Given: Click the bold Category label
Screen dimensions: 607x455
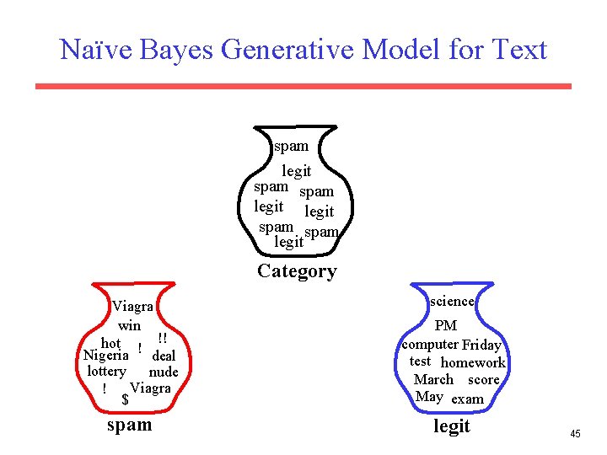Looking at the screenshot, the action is coord(297,271).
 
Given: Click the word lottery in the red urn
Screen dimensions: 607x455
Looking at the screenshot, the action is coord(107,372).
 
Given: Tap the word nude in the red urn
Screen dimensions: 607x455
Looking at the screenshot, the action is coord(164,372).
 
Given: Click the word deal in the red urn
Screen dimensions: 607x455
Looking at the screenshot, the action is coord(164,356).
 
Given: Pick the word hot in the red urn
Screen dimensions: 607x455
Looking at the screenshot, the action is coord(110,343).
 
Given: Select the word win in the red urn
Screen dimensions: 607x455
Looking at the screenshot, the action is coord(130,325).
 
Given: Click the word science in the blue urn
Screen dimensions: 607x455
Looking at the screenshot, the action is coord(452,301).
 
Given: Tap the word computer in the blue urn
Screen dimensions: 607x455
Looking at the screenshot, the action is coord(430,344).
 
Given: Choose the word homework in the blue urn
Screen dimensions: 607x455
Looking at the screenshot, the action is coord(473,362).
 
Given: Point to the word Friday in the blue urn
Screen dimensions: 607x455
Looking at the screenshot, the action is coord(481,345).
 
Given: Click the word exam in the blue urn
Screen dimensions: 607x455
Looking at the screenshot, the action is coord(467,399).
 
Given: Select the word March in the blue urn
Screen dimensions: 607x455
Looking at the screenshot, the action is coord(433,380).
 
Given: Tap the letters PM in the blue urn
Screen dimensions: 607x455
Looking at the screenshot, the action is coord(446,325).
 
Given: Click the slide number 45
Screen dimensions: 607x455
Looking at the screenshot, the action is coord(575,434).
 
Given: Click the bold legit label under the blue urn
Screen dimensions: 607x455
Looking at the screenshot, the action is coord(452,426).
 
